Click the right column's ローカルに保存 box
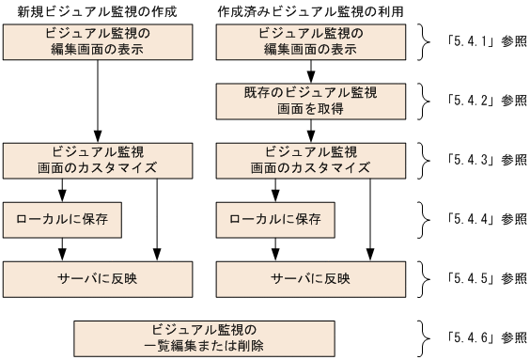[x=275, y=219]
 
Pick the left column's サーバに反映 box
[x=98, y=278]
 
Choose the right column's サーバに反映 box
[x=309, y=278]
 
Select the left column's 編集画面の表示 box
[x=98, y=41]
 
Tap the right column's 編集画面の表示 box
[x=309, y=41]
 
